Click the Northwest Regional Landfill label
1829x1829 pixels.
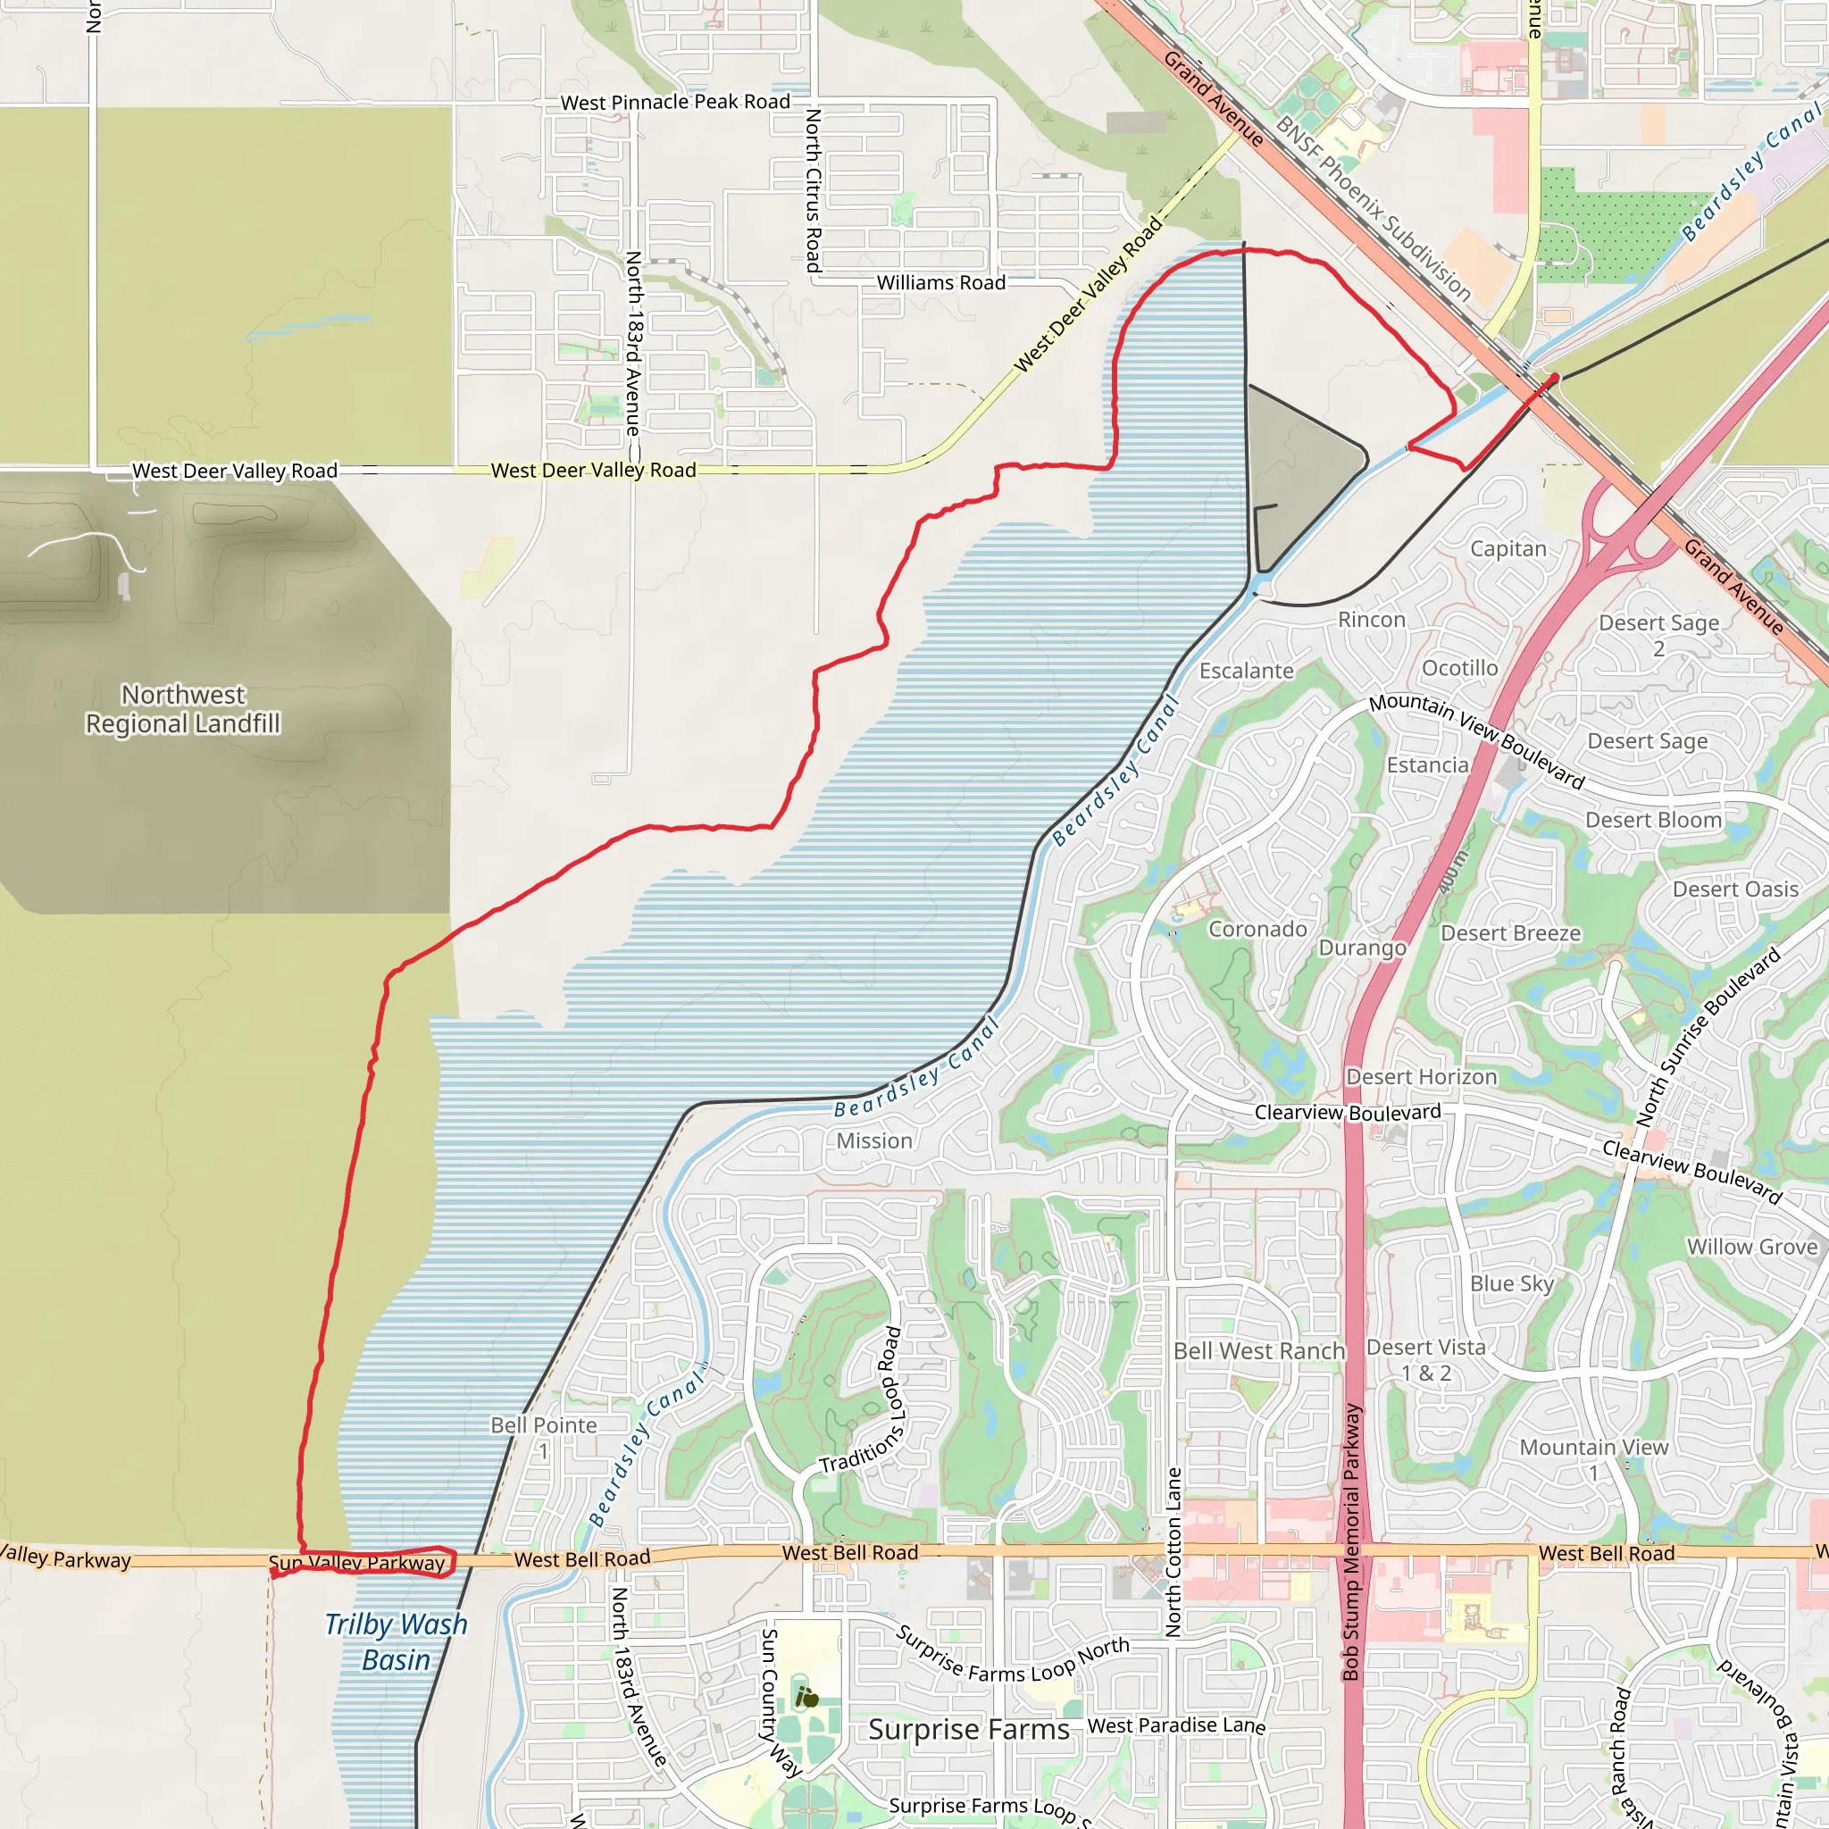[x=183, y=709]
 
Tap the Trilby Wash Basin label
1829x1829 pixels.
[x=396, y=1641]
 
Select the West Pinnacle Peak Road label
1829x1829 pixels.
[x=675, y=102]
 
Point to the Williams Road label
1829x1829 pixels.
[x=941, y=283]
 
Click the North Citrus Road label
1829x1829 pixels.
[x=814, y=190]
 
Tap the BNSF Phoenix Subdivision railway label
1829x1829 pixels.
[x=1373, y=207]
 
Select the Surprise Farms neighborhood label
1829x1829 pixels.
[x=968, y=1730]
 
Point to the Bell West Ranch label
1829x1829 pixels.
[x=1259, y=1351]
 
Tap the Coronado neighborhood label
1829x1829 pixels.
[x=1257, y=929]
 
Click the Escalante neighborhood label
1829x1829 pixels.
[x=1246, y=672]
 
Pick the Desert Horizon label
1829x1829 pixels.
[x=1422, y=1076]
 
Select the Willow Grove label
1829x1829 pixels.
[x=1752, y=1247]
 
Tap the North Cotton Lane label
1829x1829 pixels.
[x=1173, y=1552]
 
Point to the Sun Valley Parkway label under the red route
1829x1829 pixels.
[x=357, y=1563]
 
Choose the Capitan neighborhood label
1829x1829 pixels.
[x=1508, y=548]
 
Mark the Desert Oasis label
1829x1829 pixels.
[x=1735, y=889]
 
